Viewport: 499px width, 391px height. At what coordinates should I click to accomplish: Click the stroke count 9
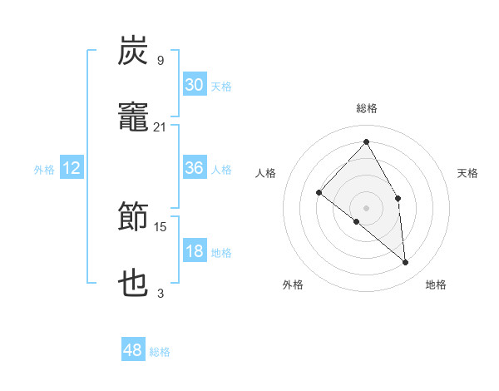pyautogui.click(x=161, y=60)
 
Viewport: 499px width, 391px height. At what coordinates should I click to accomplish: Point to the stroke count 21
pyautogui.click(x=161, y=126)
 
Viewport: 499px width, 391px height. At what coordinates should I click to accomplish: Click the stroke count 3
pyautogui.click(x=161, y=293)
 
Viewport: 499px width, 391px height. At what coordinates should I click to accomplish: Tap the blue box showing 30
pyautogui.click(x=194, y=85)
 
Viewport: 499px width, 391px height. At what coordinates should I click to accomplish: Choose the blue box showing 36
pyautogui.click(x=194, y=168)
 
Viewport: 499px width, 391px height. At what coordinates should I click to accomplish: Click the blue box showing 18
pyautogui.click(x=194, y=251)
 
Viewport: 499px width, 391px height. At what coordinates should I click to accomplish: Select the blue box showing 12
pyautogui.click(x=72, y=168)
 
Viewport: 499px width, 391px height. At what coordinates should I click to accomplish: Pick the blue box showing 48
pyautogui.click(x=132, y=350)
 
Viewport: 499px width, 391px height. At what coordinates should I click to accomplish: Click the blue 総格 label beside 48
pyautogui.click(x=160, y=352)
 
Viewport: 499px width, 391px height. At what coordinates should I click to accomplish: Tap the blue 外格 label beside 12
pyautogui.click(x=44, y=170)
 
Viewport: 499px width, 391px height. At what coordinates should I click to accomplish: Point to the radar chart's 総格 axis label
pyautogui.click(x=367, y=108)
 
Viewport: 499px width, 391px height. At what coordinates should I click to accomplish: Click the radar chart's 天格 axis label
pyautogui.click(x=468, y=173)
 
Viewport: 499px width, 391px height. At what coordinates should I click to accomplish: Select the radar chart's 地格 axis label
pyautogui.click(x=436, y=285)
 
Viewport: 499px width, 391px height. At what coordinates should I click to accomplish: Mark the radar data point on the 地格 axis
pyautogui.click(x=405, y=262)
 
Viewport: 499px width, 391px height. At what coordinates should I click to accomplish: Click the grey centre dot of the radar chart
pyautogui.click(x=367, y=207)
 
